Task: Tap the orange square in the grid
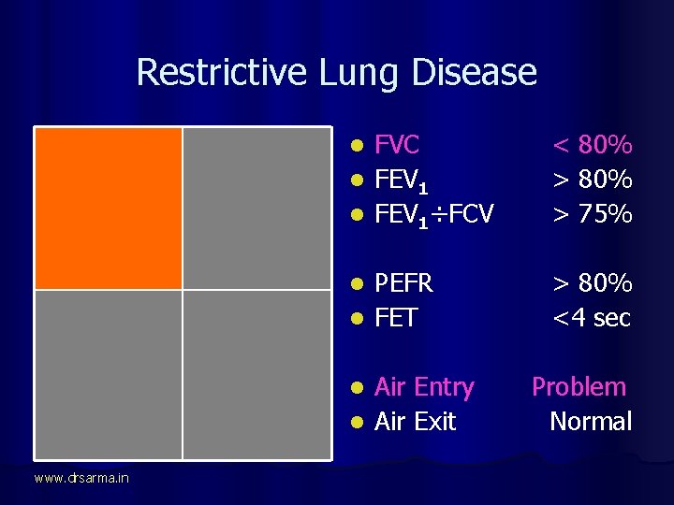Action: (x=108, y=208)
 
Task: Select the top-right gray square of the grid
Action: (x=256, y=208)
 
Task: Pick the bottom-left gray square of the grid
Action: (x=108, y=374)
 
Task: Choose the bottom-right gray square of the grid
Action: (x=256, y=374)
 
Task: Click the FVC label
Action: (x=397, y=145)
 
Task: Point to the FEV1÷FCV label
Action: (x=433, y=214)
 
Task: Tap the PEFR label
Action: (x=404, y=283)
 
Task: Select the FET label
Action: (x=395, y=318)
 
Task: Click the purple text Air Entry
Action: (x=424, y=387)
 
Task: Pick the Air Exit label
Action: (x=415, y=422)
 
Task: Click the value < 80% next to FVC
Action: (x=593, y=145)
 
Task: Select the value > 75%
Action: (x=593, y=214)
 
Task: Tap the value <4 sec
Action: (x=593, y=318)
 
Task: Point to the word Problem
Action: (x=579, y=387)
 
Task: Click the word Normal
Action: (x=591, y=422)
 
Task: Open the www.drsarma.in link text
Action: (x=81, y=479)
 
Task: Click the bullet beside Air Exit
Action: (x=356, y=423)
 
